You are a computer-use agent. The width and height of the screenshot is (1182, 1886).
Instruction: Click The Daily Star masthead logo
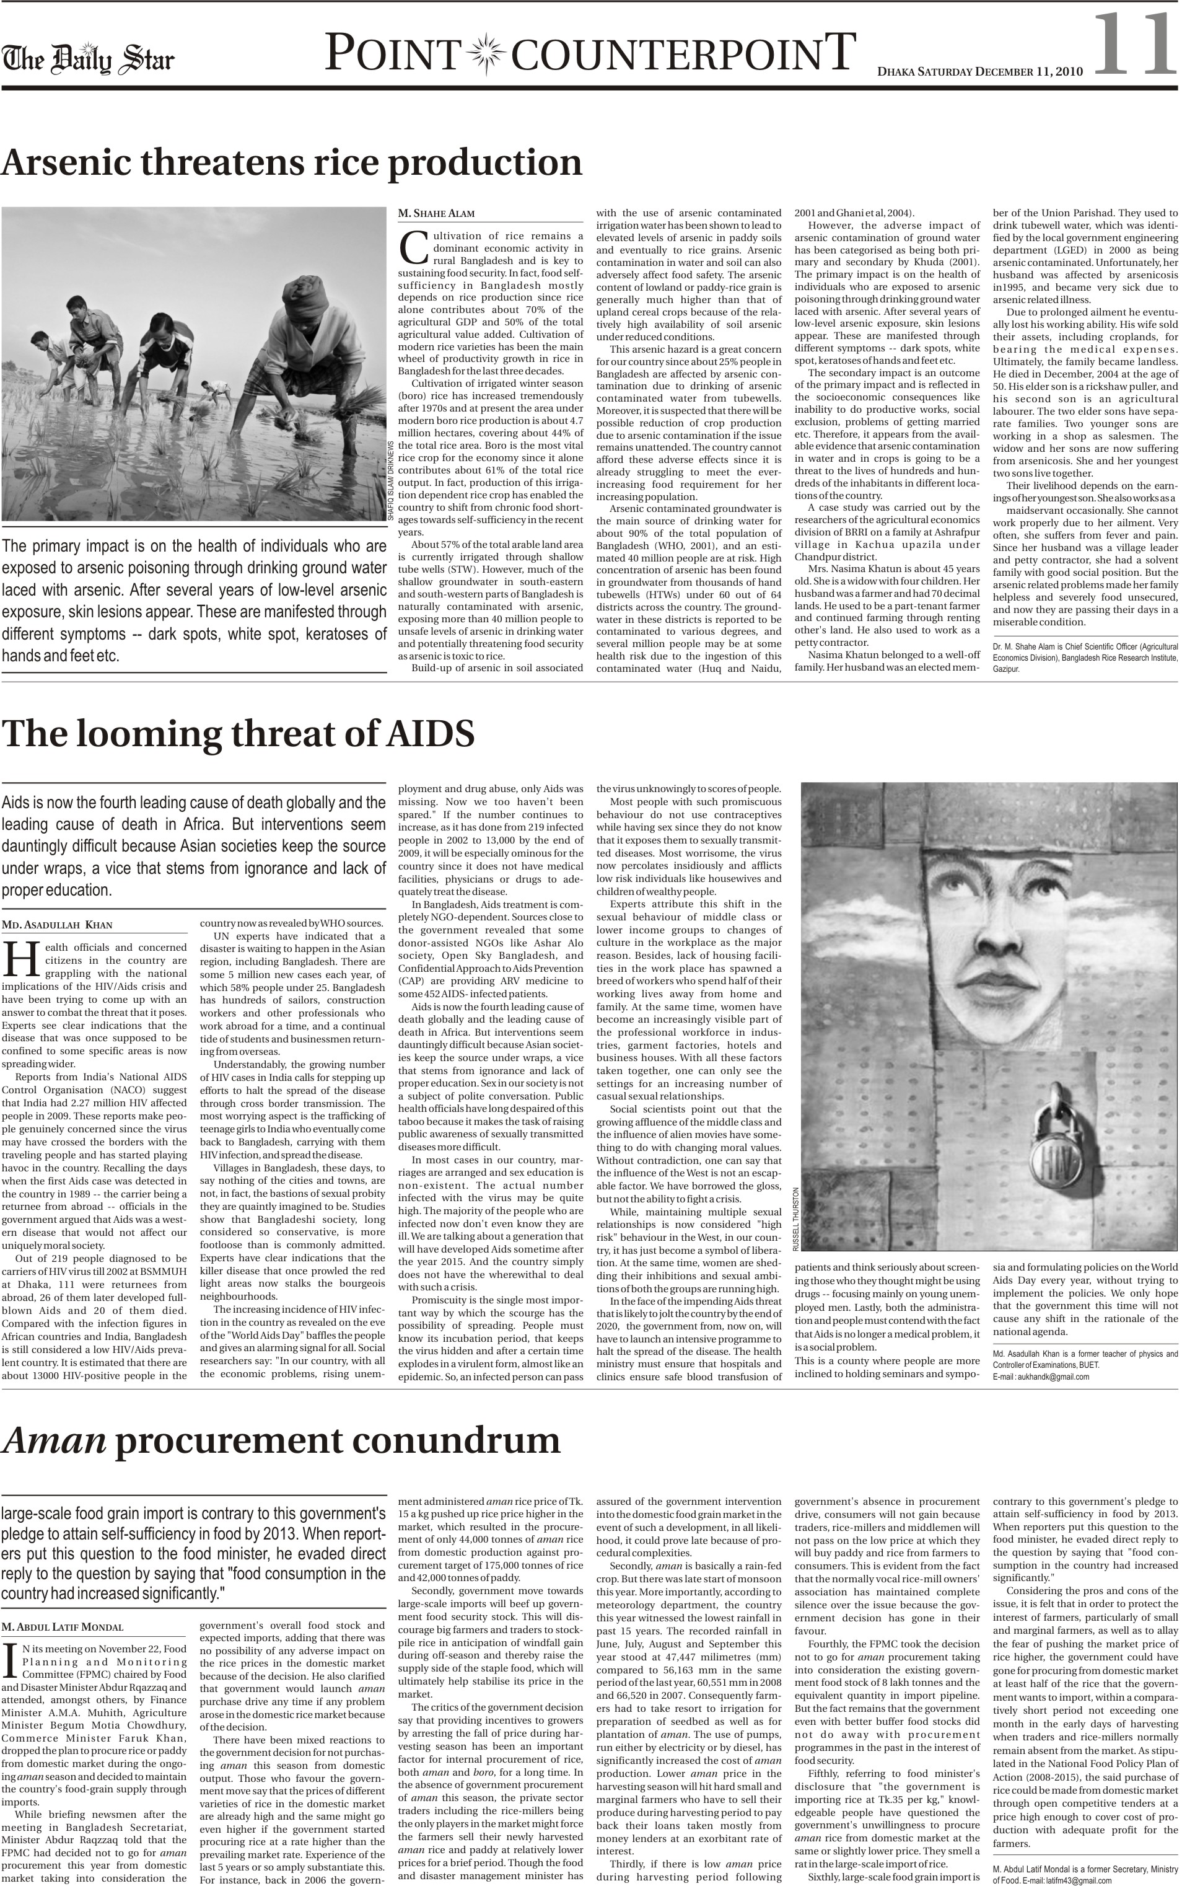click(87, 59)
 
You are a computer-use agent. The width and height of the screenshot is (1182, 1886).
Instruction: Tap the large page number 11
click(1132, 45)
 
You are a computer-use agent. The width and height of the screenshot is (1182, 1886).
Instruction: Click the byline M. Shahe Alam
click(436, 213)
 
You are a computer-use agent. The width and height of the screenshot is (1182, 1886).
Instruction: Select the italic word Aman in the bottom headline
click(54, 1440)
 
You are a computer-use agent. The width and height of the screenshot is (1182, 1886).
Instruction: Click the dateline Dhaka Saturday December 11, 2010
click(980, 72)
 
